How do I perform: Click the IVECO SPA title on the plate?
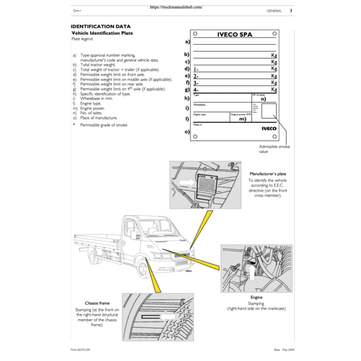tap(234, 35)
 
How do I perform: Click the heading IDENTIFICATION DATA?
tap(100, 26)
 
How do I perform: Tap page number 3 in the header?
tap(291, 11)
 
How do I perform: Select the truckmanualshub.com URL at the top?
tap(176, 7)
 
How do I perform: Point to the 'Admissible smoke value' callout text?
tap(274, 149)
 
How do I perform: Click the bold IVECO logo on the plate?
tap(269, 128)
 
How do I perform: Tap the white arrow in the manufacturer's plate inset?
tap(187, 182)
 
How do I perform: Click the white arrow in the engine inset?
tap(252, 272)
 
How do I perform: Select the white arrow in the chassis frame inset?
tap(167, 317)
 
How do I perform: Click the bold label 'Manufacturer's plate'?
tap(268, 174)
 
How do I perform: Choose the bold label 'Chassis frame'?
tap(97, 303)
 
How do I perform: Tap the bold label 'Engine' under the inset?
tap(256, 297)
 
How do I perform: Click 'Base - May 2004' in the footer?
tap(284, 350)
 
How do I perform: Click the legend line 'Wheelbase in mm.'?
tap(96, 99)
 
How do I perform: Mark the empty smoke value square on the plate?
tap(269, 111)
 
